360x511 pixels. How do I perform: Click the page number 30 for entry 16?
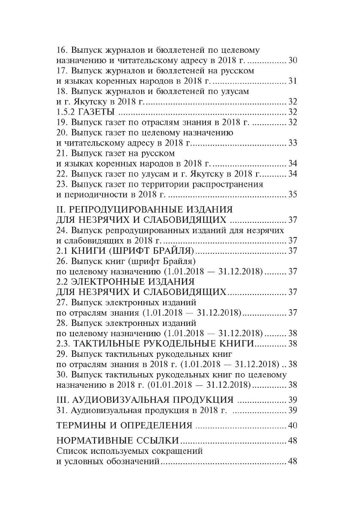tap(293, 61)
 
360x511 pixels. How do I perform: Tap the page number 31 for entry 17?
tap(293, 81)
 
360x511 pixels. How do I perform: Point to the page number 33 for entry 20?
tap(293, 143)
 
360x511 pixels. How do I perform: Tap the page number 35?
tap(293, 195)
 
